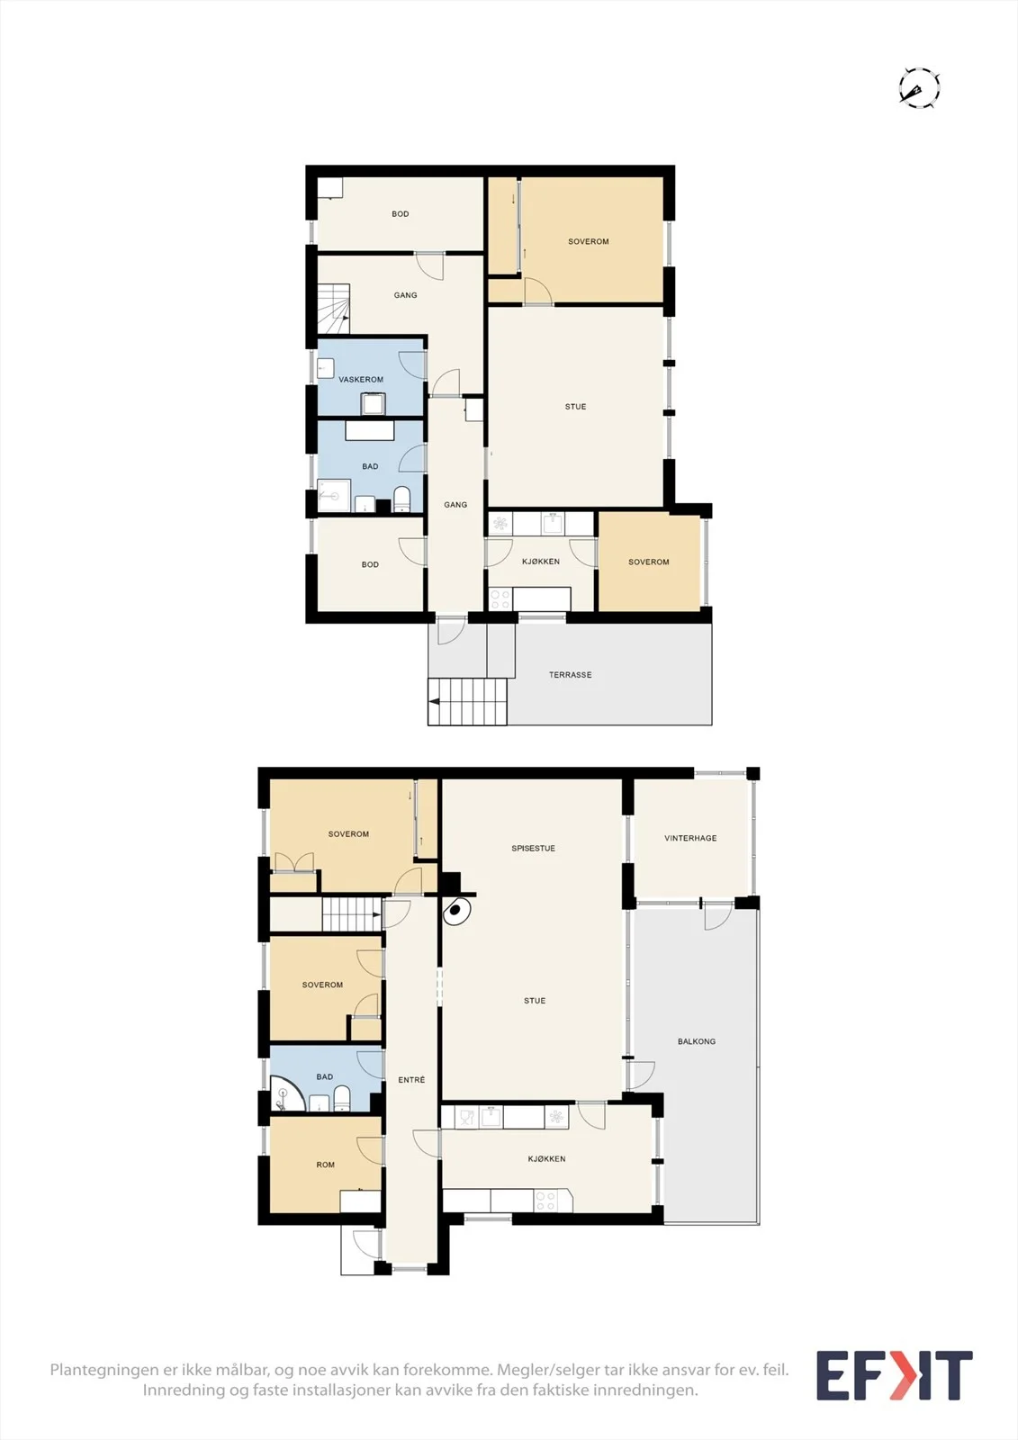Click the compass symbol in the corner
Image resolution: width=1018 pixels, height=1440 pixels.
pyautogui.click(x=920, y=87)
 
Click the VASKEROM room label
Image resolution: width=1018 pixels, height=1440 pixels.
pyautogui.click(x=361, y=379)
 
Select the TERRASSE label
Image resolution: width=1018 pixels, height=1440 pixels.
pyautogui.click(x=570, y=674)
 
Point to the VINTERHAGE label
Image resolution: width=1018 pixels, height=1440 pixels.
pyautogui.click(x=690, y=838)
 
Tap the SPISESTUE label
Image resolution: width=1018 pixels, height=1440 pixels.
pyautogui.click(x=533, y=848)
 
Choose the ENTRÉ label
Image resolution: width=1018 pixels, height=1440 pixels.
pyautogui.click(x=411, y=1079)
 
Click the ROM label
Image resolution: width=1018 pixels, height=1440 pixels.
pyautogui.click(x=326, y=1165)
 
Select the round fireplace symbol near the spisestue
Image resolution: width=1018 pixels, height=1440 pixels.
pyautogui.click(x=456, y=910)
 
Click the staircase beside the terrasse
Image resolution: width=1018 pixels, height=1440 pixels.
pyautogui.click(x=468, y=702)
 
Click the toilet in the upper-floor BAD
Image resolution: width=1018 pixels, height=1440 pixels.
pyautogui.click(x=401, y=499)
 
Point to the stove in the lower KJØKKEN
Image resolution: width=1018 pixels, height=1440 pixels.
pyautogui.click(x=546, y=1201)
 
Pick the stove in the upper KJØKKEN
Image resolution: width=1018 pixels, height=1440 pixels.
pyautogui.click(x=500, y=599)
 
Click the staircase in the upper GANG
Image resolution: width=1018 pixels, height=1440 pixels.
pyautogui.click(x=334, y=310)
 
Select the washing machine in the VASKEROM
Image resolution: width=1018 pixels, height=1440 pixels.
pyautogui.click(x=373, y=403)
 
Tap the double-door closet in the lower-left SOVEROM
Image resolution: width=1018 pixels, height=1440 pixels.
pyautogui.click(x=294, y=862)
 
